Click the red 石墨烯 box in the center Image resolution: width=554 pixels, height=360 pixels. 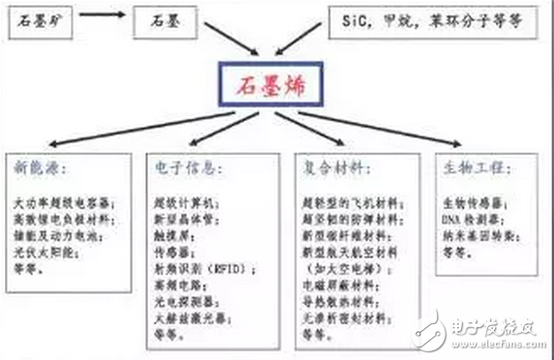(x=277, y=85)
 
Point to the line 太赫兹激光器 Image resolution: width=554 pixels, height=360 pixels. (x=187, y=315)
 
